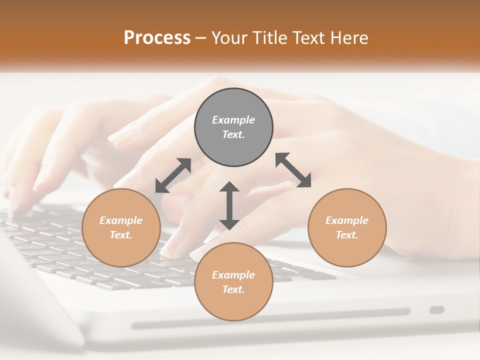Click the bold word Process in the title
click(157, 38)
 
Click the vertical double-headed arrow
click(229, 205)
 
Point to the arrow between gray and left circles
click(173, 175)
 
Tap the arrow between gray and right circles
click(293, 170)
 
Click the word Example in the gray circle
click(233, 120)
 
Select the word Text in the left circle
click(121, 235)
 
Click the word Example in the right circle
click(347, 220)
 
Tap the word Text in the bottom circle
click(233, 289)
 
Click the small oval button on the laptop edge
click(437, 310)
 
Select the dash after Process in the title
click(200, 38)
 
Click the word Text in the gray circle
click(233, 134)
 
